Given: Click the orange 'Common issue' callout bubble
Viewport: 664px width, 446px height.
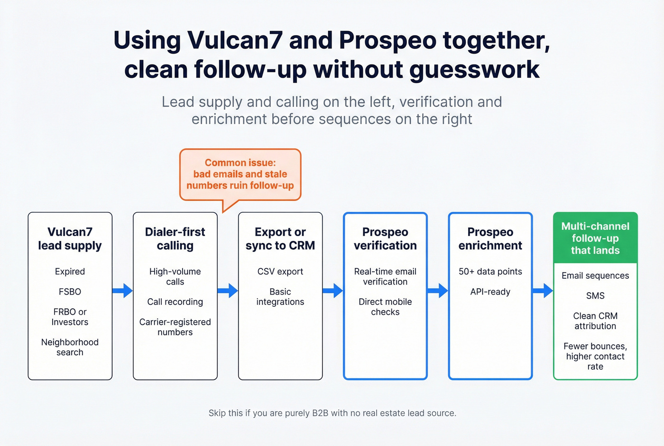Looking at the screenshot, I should (240, 174).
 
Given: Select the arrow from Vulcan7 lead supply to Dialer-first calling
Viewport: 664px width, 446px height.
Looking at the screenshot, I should (122, 290).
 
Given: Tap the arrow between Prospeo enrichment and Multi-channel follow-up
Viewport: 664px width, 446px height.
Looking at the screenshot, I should (543, 290).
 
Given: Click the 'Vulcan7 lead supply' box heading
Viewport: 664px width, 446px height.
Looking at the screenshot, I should (70, 238).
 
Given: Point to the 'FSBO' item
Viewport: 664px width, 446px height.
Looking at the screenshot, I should (70, 292).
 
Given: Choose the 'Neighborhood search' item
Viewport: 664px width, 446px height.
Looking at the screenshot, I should (70, 347).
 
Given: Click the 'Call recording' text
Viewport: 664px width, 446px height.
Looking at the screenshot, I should (175, 302).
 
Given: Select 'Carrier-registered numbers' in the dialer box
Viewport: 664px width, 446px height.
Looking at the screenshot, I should (175, 327).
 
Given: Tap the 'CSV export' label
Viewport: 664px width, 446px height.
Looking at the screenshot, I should (280, 272).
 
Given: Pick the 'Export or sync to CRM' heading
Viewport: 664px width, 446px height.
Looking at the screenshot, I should (280, 238).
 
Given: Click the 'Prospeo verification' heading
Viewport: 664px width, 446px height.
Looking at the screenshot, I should (385, 238).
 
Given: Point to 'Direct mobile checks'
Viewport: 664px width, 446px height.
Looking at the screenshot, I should (385, 307).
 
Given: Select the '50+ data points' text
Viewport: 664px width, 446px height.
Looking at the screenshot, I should (490, 272).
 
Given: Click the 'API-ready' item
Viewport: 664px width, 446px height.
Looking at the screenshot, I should (490, 292).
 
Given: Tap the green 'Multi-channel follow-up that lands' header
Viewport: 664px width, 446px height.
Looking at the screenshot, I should (595, 238).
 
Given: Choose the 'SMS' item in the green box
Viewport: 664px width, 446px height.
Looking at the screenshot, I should (595, 295).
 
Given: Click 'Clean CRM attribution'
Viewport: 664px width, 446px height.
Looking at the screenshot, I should (595, 321).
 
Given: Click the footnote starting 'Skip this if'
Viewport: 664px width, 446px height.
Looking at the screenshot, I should (332, 413).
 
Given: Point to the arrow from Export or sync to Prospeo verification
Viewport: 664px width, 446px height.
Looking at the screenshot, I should (332, 290).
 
